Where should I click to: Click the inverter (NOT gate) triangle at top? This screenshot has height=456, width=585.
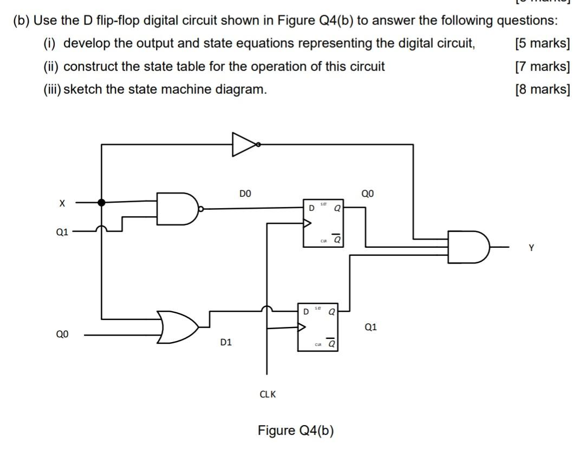243,144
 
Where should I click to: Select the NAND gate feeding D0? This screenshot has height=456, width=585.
177,209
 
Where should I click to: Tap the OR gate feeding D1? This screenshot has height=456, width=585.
178,327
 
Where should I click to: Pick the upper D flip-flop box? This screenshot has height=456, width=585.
323,223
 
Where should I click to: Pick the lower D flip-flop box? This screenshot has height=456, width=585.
317,327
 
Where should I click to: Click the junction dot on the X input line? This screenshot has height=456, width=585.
101,202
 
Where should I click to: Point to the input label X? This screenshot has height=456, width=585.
62,203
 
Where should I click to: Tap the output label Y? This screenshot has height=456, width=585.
531,248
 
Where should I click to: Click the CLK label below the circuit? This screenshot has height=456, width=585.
268,394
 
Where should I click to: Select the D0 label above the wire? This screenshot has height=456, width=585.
245,193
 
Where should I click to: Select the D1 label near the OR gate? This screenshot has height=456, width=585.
226,342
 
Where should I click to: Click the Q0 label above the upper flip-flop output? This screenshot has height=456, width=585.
367,193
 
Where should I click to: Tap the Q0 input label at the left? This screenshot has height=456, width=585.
62,335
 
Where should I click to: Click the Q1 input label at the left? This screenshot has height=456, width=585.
62,232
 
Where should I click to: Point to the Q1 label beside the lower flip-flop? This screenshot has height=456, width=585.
370,327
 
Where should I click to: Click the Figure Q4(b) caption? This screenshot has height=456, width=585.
296,431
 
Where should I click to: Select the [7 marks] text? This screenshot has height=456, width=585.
543,67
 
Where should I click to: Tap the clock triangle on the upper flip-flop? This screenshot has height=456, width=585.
307,222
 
